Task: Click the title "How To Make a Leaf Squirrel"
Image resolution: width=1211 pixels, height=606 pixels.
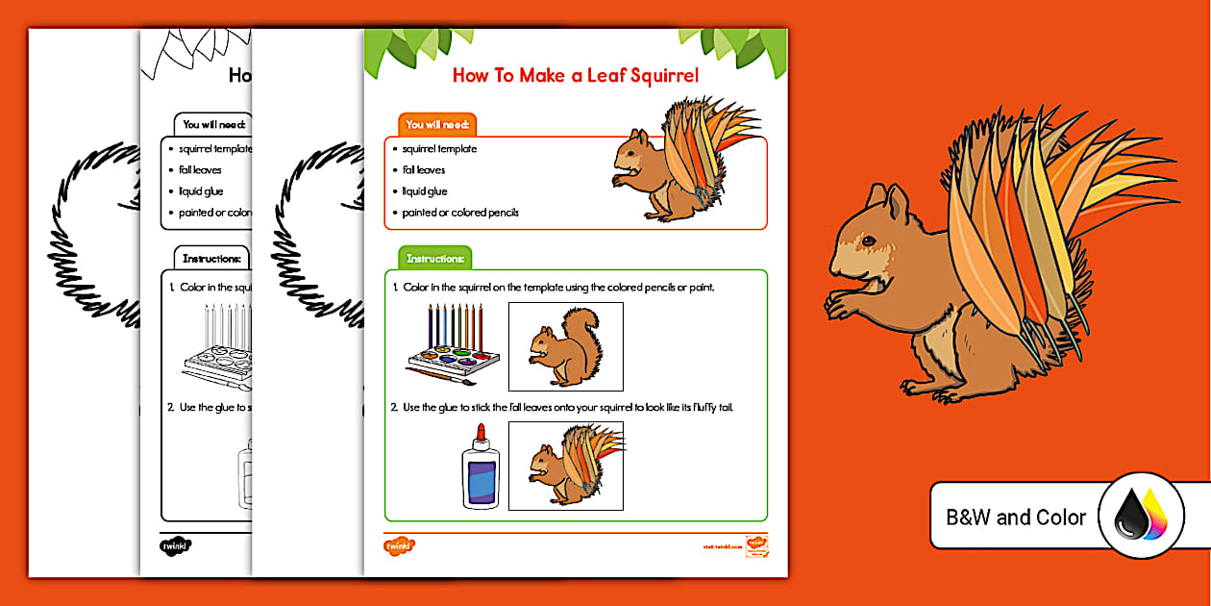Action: click(575, 75)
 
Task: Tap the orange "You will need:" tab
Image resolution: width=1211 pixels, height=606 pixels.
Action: click(436, 125)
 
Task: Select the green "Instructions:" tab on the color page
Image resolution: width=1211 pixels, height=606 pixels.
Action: click(434, 259)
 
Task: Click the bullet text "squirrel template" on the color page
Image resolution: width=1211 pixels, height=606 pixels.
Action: click(439, 149)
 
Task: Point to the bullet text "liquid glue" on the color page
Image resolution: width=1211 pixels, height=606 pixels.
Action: click(425, 191)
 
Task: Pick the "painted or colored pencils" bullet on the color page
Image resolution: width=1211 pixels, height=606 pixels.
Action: click(460, 213)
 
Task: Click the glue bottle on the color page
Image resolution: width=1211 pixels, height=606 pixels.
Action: click(480, 466)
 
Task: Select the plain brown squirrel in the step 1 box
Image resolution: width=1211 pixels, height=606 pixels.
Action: click(566, 347)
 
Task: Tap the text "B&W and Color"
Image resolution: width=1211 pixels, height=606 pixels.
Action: click(1015, 518)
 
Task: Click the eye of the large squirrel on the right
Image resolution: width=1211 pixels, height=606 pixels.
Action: click(867, 240)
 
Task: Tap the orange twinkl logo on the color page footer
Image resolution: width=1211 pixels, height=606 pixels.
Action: click(398, 545)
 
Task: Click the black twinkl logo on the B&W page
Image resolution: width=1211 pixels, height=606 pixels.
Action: click(175, 545)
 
